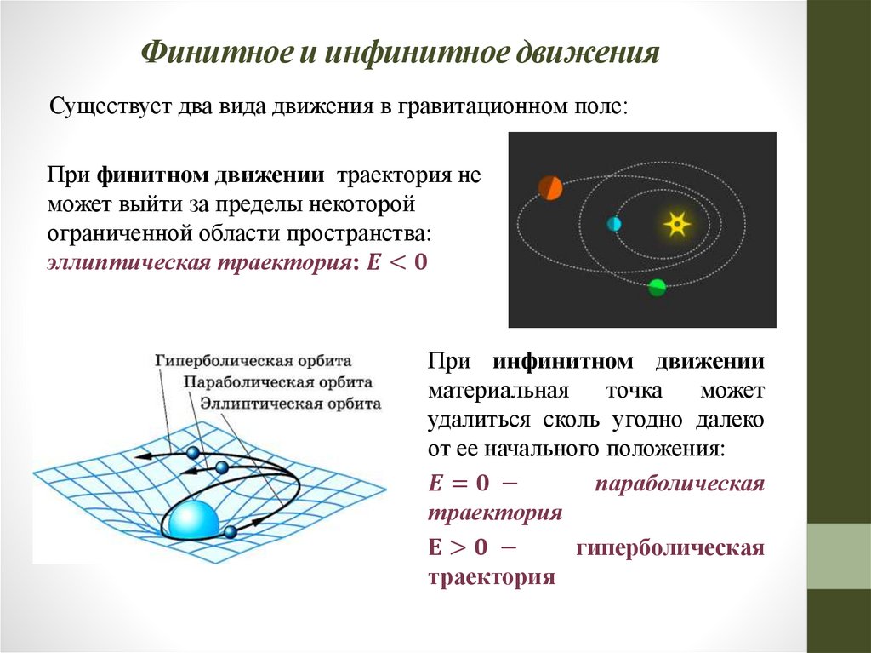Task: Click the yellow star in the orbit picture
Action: click(676, 224)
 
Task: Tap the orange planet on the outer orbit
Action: click(550, 187)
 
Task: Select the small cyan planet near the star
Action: click(614, 224)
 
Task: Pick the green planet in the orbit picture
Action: click(657, 287)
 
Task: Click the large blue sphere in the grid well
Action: click(194, 521)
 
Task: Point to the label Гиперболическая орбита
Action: click(253, 360)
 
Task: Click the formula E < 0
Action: click(396, 263)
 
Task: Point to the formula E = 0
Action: click(459, 484)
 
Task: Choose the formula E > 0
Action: click(459, 547)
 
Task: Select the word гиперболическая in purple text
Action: click(670, 547)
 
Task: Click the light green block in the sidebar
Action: click(838, 556)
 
